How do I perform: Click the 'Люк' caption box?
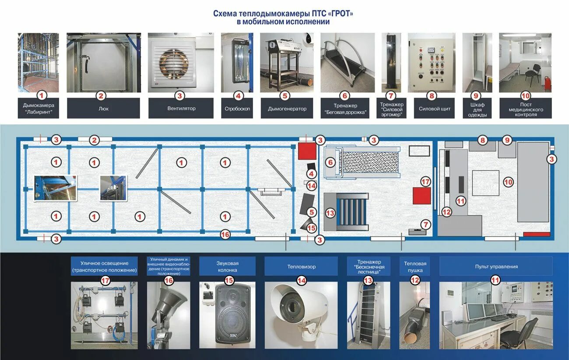(103, 108)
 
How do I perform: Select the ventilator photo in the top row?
(181, 63)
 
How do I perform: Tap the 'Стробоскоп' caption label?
(237, 109)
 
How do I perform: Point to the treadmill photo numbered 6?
(348, 63)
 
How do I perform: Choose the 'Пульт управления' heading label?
(496, 266)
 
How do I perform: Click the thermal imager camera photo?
(301, 315)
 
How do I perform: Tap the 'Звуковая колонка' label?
(227, 266)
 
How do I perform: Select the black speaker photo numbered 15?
(227, 315)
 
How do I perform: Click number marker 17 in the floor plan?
(425, 181)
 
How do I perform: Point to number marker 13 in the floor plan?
(330, 213)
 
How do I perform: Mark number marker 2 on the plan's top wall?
(95, 140)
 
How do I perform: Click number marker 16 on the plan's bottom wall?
(225, 234)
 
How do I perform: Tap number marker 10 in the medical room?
(508, 181)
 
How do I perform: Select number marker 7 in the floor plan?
(425, 224)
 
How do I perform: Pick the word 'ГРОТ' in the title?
(340, 14)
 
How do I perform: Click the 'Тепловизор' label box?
(301, 266)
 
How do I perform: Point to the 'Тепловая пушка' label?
(415, 266)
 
